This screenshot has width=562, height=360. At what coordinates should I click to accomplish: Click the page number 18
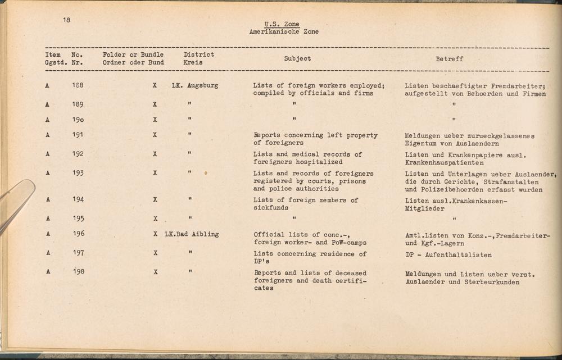click(67, 20)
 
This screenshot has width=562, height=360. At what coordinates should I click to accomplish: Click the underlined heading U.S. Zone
click(282, 24)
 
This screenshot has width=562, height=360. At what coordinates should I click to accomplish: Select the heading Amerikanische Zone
click(283, 32)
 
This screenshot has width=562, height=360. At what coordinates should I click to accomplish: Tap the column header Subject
click(297, 58)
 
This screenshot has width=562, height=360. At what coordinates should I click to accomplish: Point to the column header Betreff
click(449, 58)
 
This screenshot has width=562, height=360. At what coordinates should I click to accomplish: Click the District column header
click(199, 54)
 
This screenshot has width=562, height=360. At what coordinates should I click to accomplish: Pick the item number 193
click(78, 173)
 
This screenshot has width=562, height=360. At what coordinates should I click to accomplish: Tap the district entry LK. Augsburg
click(195, 85)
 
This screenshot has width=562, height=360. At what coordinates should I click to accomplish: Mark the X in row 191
click(155, 135)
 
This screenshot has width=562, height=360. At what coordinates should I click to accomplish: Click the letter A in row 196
click(48, 234)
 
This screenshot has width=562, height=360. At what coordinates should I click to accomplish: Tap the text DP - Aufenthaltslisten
click(448, 255)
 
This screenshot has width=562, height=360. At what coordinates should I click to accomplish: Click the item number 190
click(78, 120)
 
